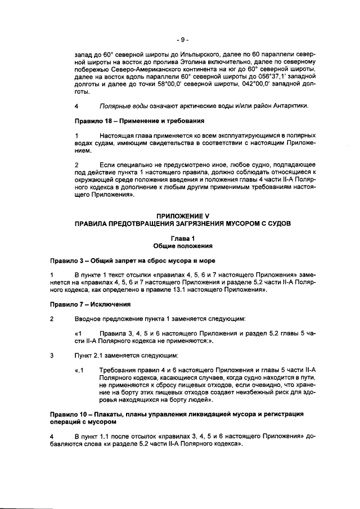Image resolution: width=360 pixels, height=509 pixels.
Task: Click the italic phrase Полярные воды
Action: (x=120, y=106)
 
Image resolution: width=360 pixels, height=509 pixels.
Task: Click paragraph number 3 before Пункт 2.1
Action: (x=52, y=355)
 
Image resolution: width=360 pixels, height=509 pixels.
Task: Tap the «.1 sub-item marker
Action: (x=79, y=370)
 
